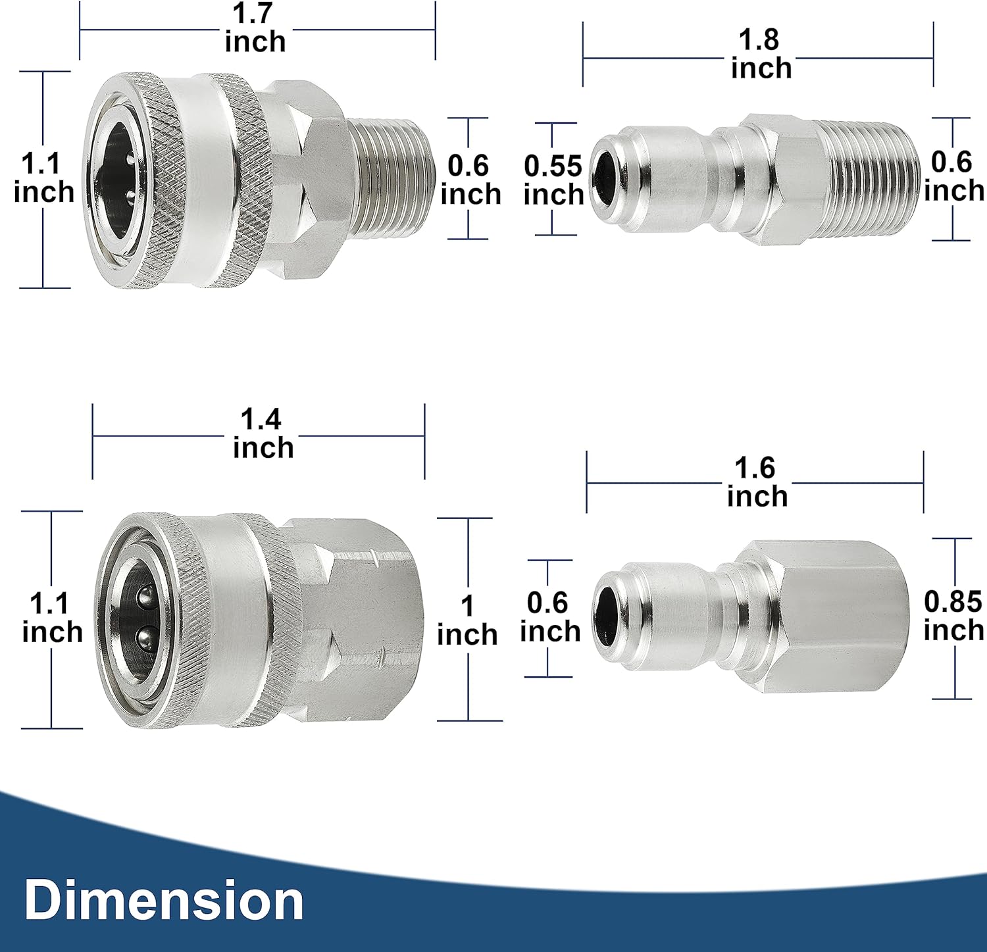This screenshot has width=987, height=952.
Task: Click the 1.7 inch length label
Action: pyautogui.click(x=255, y=28)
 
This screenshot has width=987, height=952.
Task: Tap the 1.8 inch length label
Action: pyautogui.click(x=761, y=54)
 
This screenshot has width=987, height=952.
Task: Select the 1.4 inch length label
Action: pyautogui.click(x=262, y=433)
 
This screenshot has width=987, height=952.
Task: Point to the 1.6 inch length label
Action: pyautogui.click(x=757, y=482)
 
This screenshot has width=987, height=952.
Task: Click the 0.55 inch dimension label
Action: pyautogui.click(x=553, y=180)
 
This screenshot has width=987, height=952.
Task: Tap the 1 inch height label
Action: pyautogui.click(x=467, y=620)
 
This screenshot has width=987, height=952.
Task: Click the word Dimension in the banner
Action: pyautogui.click(x=164, y=900)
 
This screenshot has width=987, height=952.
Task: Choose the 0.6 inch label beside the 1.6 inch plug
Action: pyautogui.click(x=549, y=616)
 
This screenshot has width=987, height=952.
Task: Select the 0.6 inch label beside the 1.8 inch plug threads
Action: pyautogui.click(x=953, y=176)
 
